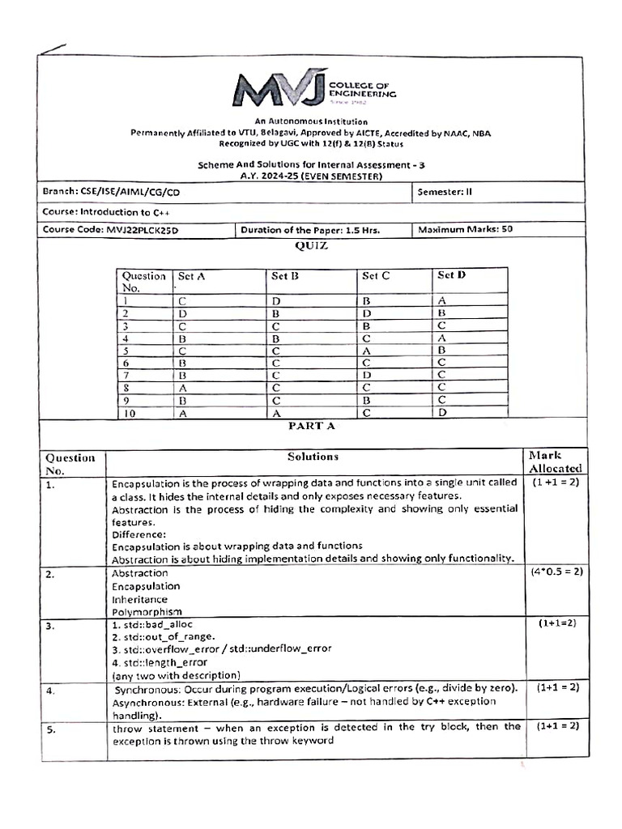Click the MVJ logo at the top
[x=312, y=89]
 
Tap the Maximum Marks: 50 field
[x=465, y=229]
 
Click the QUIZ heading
[x=312, y=246]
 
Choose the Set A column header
[x=192, y=275]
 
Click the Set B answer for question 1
[x=276, y=300]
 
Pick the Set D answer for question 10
[x=442, y=413]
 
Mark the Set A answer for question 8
[x=182, y=387]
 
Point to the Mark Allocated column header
[x=555, y=461]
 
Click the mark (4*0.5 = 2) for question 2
[x=556, y=571]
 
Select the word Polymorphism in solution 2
[x=147, y=612]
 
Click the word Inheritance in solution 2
[x=140, y=599]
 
